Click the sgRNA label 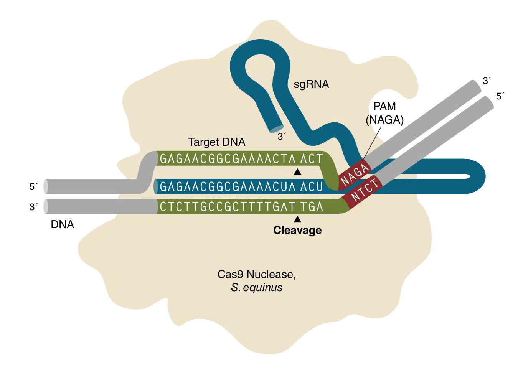click(x=311, y=84)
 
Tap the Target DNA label click(x=216, y=142)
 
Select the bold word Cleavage click(x=297, y=230)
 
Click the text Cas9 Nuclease click(x=256, y=275)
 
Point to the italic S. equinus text click(x=256, y=288)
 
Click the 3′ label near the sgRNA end click(x=282, y=137)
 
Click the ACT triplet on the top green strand click(x=312, y=159)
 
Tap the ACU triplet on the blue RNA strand click(x=312, y=187)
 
